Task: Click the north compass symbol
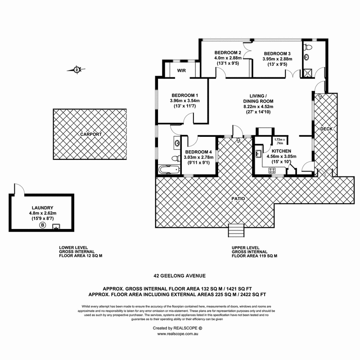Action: tap(77, 69)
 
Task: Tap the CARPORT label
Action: tap(91, 134)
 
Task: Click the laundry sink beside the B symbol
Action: tap(56, 226)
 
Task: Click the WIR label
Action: tap(181, 71)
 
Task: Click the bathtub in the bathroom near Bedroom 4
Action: tap(168, 171)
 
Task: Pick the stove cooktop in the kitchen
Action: tap(272, 170)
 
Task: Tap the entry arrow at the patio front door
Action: tap(238, 140)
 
